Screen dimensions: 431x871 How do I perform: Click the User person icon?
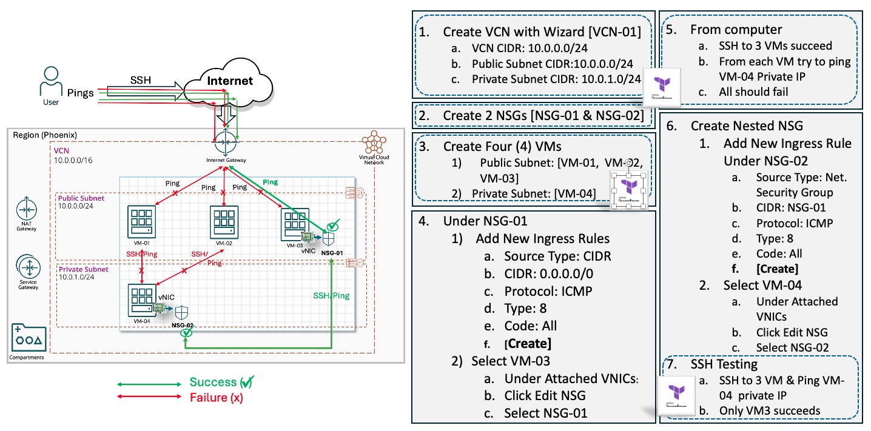[x=50, y=80]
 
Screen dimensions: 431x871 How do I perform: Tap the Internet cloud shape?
[x=229, y=81]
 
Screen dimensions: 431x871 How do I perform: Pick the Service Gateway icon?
[x=27, y=267]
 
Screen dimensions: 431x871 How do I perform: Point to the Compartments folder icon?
[x=27, y=338]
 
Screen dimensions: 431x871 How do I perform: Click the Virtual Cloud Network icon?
[x=374, y=144]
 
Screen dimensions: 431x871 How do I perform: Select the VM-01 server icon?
[x=141, y=222]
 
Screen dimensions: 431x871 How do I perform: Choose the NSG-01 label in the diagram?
[x=331, y=252]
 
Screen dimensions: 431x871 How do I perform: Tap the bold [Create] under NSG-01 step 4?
[x=528, y=344]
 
